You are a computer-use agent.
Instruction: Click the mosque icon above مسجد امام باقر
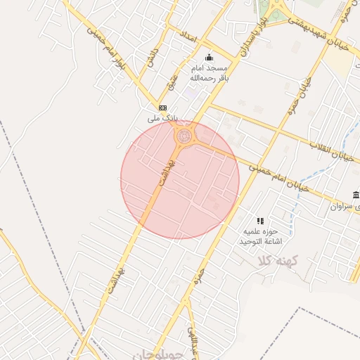coord(209,57)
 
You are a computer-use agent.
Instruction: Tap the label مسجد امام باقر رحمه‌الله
coord(211,73)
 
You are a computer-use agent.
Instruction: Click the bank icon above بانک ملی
coord(163,108)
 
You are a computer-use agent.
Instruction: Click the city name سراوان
coord(340,207)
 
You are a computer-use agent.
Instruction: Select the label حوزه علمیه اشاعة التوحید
coord(262,236)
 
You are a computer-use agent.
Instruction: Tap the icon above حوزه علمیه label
coord(260,221)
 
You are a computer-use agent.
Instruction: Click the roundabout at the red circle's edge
coord(184,135)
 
